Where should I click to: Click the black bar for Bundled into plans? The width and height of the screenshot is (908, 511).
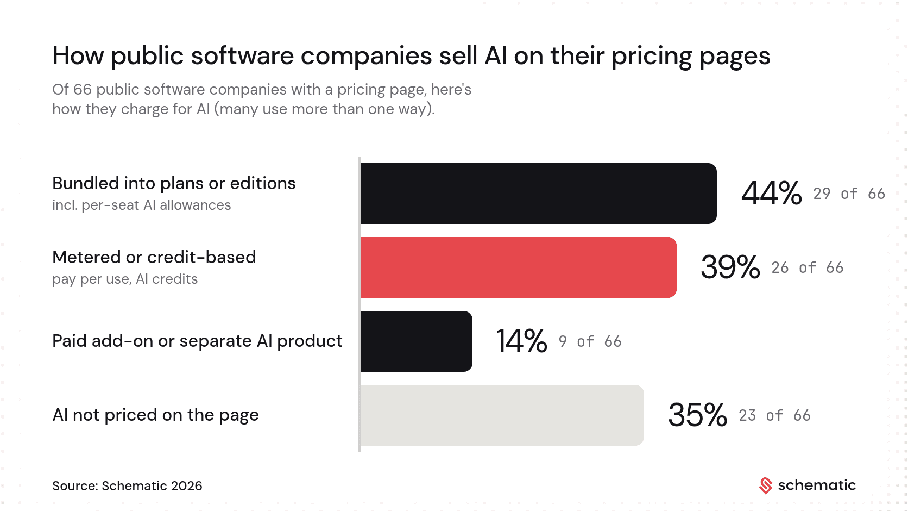pos(538,194)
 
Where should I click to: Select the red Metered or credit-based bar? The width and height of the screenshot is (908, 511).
pos(519,267)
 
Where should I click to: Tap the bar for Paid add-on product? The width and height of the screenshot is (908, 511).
pos(417,341)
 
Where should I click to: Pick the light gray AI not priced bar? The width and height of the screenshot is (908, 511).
pos(502,415)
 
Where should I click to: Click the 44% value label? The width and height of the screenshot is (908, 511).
pos(771,194)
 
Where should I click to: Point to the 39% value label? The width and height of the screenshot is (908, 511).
pos(730,267)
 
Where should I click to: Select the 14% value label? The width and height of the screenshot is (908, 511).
pos(522,341)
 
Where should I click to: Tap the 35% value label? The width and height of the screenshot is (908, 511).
pos(698,415)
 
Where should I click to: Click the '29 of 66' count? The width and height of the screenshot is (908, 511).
pos(849,194)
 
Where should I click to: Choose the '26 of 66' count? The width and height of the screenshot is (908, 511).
pos(808,268)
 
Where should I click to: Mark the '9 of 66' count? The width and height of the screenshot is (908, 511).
pos(590,342)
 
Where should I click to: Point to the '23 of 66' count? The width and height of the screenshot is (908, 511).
pos(774,416)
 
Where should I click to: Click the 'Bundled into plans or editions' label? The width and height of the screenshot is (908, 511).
pos(174,183)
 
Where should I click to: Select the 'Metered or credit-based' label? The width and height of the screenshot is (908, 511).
pos(154,257)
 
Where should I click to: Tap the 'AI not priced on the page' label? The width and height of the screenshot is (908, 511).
pos(156,415)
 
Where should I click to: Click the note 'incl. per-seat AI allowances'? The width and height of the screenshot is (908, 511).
pos(142,205)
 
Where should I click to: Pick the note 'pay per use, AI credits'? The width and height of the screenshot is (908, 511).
pos(125,279)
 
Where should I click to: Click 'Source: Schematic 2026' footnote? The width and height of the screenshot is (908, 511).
pos(127,486)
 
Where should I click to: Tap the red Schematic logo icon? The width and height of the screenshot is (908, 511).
pos(766,486)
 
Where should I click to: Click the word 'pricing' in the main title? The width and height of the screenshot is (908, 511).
pos(652,57)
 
